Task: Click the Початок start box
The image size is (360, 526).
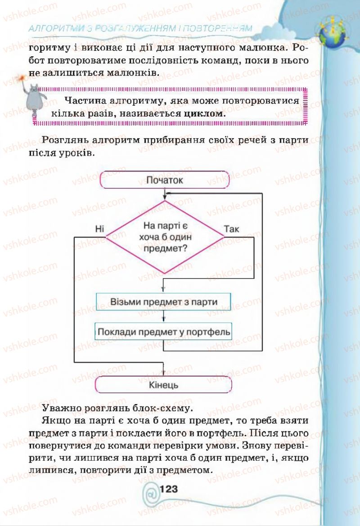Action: (165, 180)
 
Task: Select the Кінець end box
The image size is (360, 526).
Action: (164, 385)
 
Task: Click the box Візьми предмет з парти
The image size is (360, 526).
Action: (164, 301)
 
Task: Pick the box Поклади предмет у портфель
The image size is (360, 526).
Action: (164, 333)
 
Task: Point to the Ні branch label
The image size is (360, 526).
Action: (99, 229)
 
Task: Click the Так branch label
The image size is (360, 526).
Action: (231, 229)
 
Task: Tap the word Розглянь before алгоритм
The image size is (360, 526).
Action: (64, 140)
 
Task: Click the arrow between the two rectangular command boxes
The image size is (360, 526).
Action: (163, 317)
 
